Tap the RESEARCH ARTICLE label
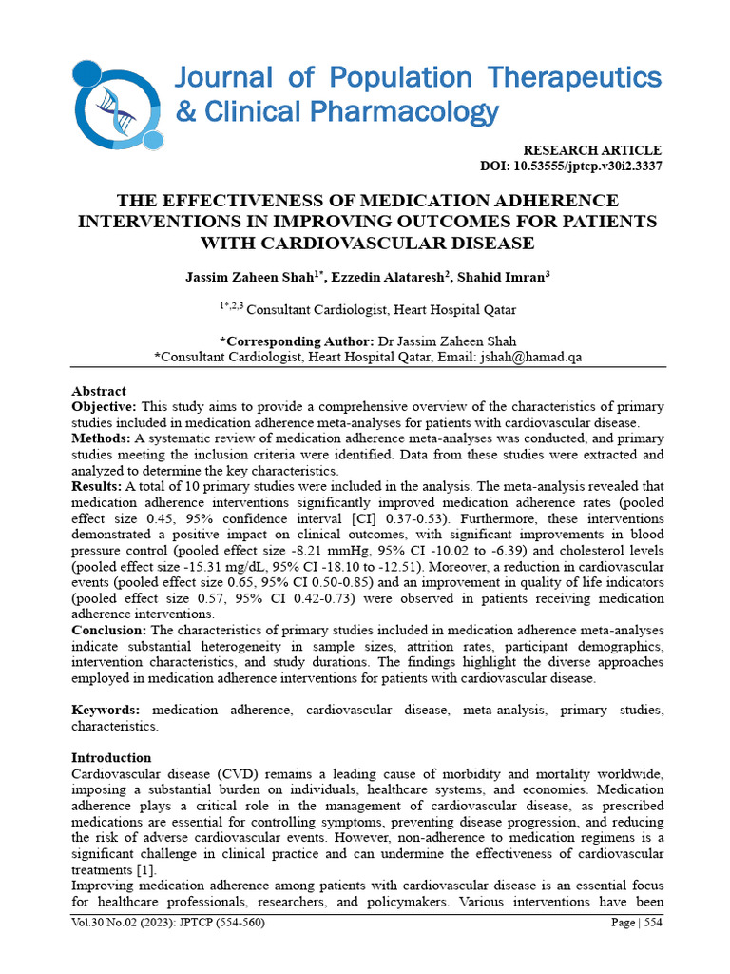[x=592, y=150]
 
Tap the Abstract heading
[x=99, y=391]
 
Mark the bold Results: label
[x=97, y=486]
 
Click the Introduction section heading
[x=111, y=757]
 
